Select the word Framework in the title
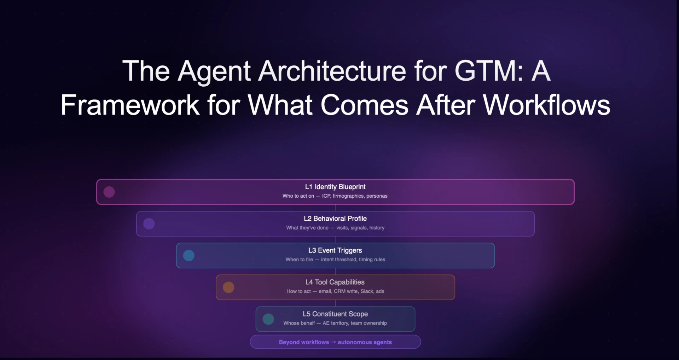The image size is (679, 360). (130, 105)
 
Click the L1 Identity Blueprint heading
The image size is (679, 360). (335, 187)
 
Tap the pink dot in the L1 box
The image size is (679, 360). (109, 192)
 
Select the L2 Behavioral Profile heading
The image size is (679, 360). (335, 219)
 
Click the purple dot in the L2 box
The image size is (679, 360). (149, 224)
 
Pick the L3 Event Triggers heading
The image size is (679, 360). (335, 250)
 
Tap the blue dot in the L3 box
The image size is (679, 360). (189, 256)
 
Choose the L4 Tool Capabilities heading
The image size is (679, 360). (335, 282)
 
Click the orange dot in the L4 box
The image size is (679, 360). (228, 288)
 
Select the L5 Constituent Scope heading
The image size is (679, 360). (335, 314)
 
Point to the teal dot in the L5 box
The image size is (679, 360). (268, 319)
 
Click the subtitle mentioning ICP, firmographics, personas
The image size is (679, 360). (335, 196)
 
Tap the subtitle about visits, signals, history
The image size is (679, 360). (335, 228)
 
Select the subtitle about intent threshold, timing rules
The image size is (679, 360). (335, 260)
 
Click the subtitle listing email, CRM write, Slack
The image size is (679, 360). (335, 291)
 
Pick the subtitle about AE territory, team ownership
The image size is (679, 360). (335, 323)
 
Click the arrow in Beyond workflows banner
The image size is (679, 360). (333, 342)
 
